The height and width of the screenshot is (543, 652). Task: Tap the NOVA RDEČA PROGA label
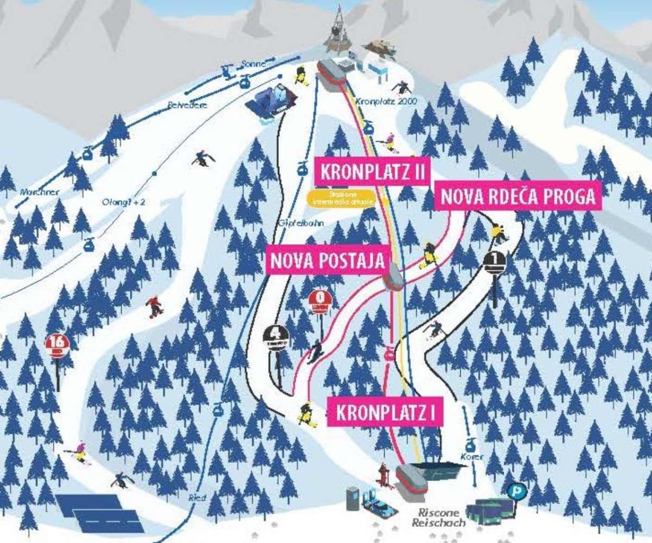pos(518,197)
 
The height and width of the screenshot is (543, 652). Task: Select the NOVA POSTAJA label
pos(327,261)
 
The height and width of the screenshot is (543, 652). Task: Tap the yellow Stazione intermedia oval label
pos(341,198)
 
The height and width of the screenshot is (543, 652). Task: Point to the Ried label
pos(197,497)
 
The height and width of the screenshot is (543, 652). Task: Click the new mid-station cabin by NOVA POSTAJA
pos(394,277)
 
